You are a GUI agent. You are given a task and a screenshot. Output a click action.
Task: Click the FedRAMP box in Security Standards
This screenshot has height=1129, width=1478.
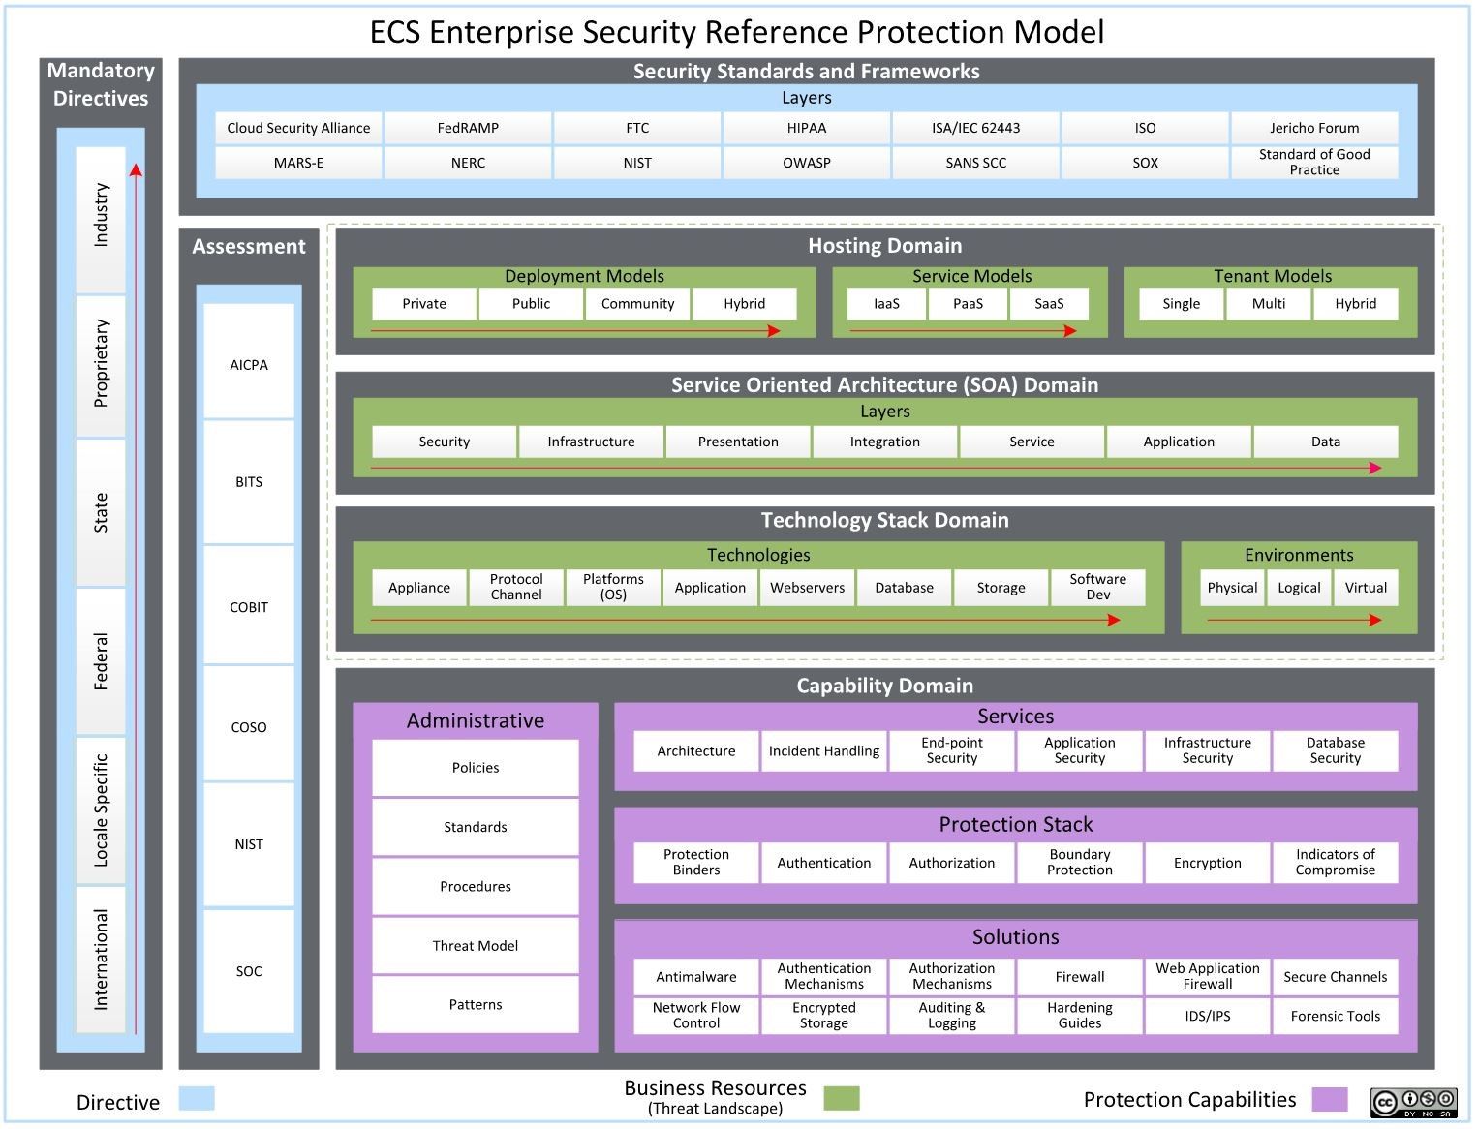tap(468, 128)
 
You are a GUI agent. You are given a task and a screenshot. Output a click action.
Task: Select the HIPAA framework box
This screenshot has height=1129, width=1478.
tap(806, 128)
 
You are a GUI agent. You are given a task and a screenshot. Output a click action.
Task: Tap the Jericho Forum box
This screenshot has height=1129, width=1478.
tap(1313, 128)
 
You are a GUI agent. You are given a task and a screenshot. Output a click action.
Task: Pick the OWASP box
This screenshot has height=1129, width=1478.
tap(806, 163)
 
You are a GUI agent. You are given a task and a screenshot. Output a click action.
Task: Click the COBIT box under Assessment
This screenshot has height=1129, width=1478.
tap(249, 607)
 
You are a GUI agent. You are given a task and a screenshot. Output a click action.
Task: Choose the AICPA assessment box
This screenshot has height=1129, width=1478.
tap(249, 365)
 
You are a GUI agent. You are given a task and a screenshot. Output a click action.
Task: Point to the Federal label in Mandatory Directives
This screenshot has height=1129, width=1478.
tap(101, 661)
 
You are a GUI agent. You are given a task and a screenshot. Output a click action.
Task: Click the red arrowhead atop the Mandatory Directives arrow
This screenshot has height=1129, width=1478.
tap(136, 170)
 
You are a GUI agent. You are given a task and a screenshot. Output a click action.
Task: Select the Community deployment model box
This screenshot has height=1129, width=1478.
tap(637, 303)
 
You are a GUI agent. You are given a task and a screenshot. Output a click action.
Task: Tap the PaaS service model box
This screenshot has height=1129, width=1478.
tap(968, 303)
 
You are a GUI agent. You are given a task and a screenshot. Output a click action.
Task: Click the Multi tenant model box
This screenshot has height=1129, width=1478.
tap(1268, 303)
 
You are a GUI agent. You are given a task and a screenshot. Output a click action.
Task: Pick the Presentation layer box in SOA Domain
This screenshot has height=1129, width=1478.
tap(738, 442)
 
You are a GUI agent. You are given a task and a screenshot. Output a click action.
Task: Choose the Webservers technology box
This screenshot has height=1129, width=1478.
tap(807, 588)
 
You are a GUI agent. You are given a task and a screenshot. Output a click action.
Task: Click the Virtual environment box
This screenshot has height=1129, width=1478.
tap(1366, 588)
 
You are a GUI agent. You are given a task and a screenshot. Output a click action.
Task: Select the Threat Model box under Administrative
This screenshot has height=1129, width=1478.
tap(476, 946)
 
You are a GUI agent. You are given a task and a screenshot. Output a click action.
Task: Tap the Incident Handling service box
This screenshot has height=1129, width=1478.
tap(824, 751)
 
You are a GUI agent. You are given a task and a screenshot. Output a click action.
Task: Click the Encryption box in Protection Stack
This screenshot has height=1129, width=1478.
tap(1207, 863)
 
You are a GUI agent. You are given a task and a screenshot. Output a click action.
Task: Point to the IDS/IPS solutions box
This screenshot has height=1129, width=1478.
tap(1207, 1016)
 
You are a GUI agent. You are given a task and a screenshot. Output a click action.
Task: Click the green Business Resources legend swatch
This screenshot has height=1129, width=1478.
tap(841, 1098)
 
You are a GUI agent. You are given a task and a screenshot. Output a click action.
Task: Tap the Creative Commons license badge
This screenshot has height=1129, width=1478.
tap(1413, 1102)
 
